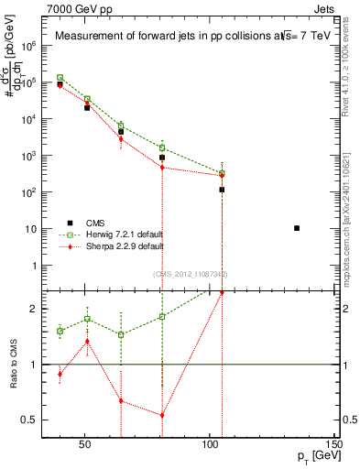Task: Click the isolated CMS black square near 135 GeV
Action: point(297,228)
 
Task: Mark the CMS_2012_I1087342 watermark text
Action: point(190,274)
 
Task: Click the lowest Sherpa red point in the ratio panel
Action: point(162,415)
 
